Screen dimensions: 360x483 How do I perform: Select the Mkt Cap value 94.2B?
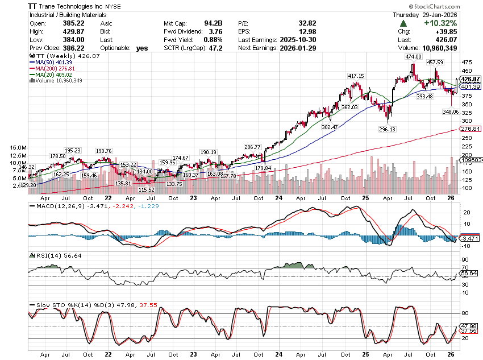[211, 23]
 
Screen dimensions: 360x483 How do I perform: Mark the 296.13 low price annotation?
[387, 129]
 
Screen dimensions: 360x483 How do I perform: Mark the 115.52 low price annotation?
[147, 189]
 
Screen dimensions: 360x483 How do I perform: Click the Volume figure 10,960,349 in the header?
[449, 48]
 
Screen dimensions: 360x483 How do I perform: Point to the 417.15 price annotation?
[356, 76]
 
